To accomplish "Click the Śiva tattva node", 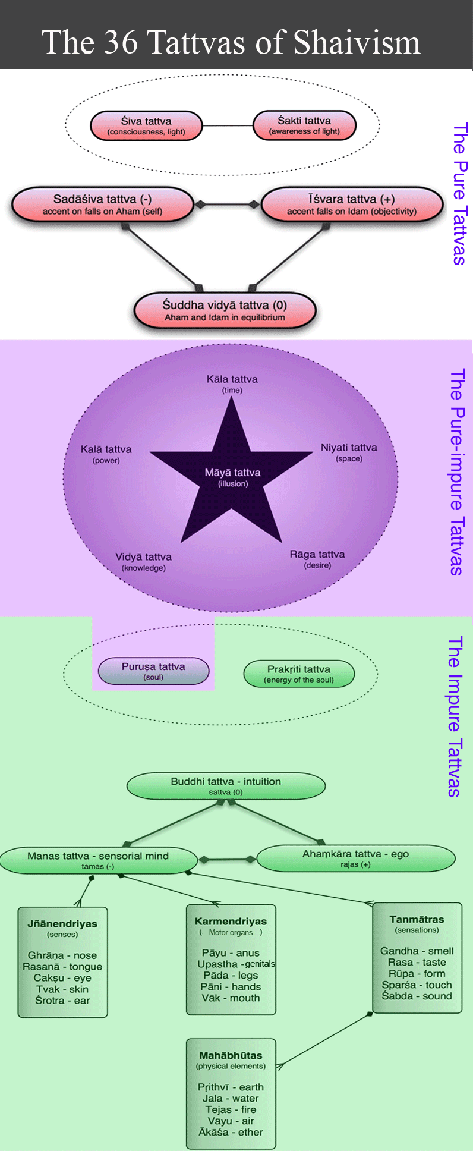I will (146, 125).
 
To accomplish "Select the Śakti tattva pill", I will (304, 125).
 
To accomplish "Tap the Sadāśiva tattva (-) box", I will (102, 204).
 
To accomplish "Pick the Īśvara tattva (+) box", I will (352, 204).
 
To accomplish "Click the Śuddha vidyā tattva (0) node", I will (225, 310).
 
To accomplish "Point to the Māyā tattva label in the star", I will (232, 477).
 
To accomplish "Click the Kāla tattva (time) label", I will (232, 383).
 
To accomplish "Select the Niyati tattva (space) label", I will (349, 452).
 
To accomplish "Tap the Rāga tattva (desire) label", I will (317, 558).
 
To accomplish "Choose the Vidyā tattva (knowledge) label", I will (143, 561).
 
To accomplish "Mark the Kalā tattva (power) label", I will (106, 454).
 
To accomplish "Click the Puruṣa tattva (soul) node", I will (153, 671).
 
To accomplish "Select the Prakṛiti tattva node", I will (299, 674).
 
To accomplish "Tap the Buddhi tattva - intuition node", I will (226, 785).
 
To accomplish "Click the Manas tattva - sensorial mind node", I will (98, 860).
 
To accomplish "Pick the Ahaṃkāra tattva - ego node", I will (355, 858).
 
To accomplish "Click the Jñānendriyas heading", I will (62, 924).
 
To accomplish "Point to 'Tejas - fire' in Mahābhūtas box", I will (231, 1109).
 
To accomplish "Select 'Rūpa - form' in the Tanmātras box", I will (417, 973).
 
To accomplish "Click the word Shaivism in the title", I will (357, 43).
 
